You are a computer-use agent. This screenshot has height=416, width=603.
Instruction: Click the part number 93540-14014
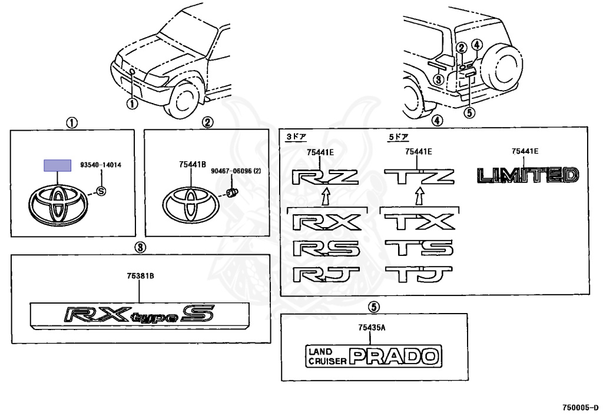coord(101,165)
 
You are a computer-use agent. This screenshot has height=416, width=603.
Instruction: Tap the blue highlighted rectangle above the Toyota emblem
coord(57,165)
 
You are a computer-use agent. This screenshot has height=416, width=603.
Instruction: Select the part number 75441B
coord(193,164)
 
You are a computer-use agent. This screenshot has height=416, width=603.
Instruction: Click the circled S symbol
coord(101,191)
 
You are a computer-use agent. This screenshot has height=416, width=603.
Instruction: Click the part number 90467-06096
coord(231,171)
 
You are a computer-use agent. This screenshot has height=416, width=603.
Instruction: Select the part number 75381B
coord(140,276)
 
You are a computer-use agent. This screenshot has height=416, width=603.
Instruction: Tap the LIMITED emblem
coord(528,175)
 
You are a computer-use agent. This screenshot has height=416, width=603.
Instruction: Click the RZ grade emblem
coord(325,177)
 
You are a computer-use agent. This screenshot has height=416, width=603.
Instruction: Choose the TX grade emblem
coord(419,222)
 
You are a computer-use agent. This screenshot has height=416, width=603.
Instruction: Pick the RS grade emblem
coord(326,248)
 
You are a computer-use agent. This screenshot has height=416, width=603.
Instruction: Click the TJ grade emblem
coord(419,274)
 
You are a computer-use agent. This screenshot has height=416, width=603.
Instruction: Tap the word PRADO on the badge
coord(394,356)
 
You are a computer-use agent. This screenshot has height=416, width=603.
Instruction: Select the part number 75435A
coord(372,327)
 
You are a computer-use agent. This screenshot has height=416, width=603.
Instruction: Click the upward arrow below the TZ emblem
coord(419,195)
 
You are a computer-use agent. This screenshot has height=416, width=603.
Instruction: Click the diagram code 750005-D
coord(580,407)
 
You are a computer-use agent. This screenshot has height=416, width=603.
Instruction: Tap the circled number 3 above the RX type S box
coord(140,247)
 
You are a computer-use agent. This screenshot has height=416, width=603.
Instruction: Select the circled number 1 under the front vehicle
coord(132,104)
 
